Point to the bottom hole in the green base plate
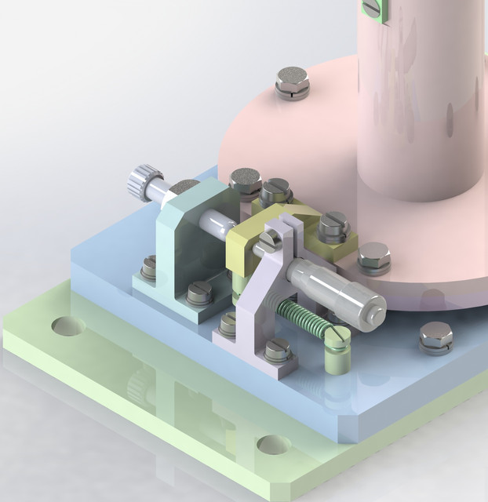[273, 446]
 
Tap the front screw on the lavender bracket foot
[275, 350]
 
